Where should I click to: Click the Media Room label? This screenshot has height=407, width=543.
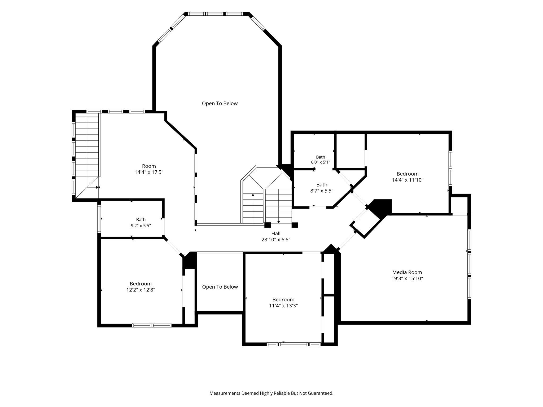(407, 272)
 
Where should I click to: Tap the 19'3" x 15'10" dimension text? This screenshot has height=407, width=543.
(407, 278)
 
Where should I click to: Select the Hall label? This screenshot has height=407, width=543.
(276, 233)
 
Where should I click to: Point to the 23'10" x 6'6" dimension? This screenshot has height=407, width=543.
(276, 240)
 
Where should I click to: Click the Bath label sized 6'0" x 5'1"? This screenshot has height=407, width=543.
(321, 157)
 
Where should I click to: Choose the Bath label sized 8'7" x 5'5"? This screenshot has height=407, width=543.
(322, 185)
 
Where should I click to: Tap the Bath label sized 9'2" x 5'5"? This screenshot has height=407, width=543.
(141, 219)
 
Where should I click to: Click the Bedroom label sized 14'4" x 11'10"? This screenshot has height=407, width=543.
(408, 174)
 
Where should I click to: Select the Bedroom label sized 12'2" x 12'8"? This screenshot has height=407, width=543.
(141, 284)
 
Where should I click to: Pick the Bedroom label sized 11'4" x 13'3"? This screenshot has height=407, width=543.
(283, 299)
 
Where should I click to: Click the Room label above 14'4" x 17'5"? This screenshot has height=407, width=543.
(149, 166)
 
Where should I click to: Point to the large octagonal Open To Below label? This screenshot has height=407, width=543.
(220, 103)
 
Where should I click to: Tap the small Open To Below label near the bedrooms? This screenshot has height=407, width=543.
(220, 287)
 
